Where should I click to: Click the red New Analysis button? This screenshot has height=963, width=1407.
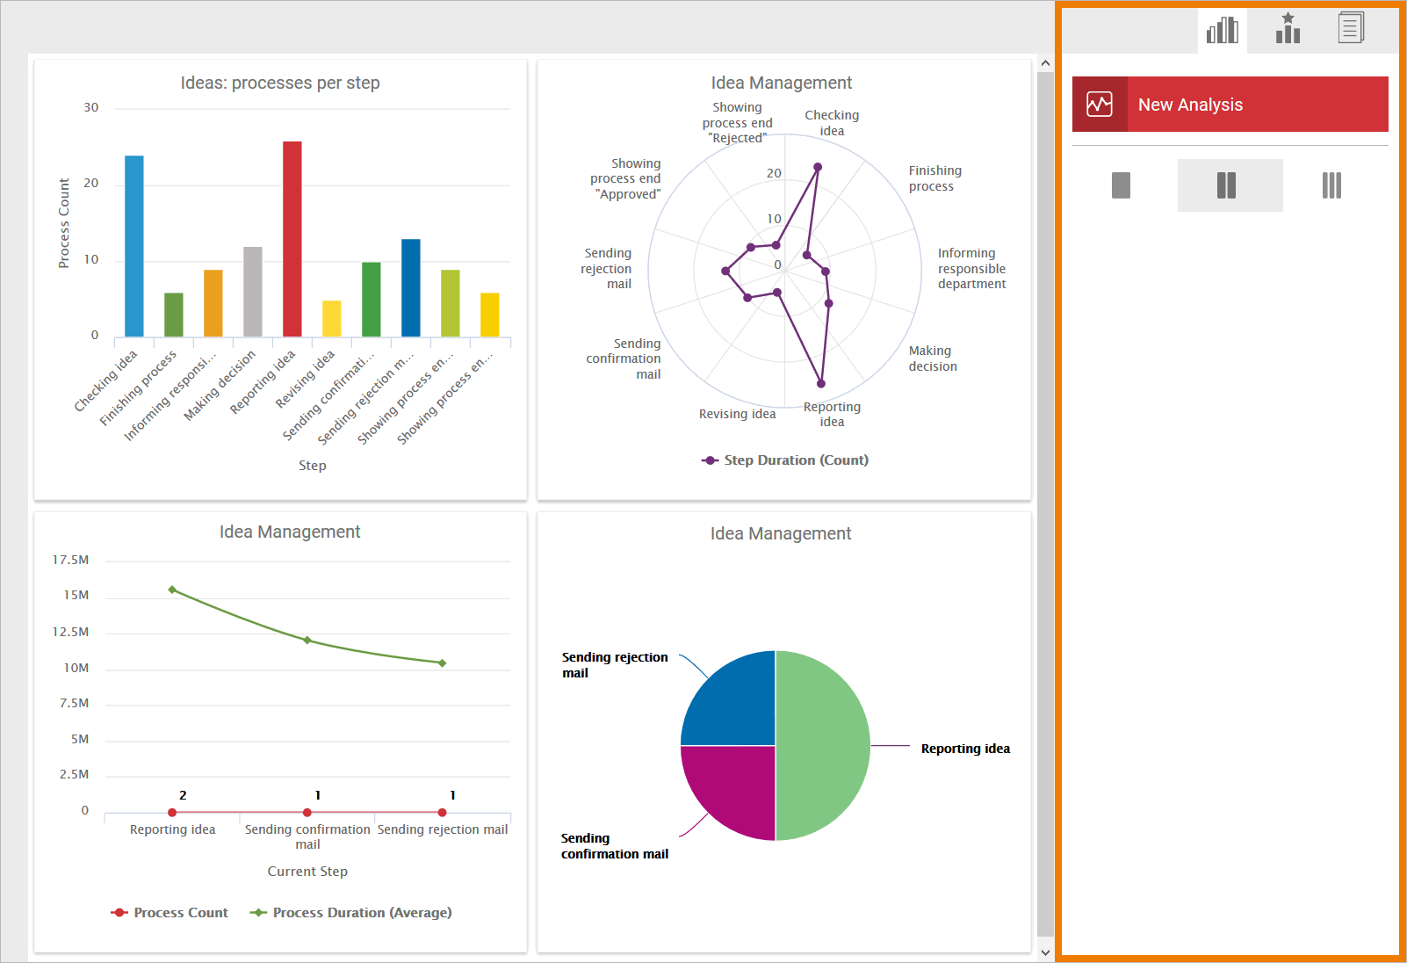[x=1230, y=105]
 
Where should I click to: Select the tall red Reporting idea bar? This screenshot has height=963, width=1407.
[x=292, y=239]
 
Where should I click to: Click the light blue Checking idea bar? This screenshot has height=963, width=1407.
[x=134, y=246]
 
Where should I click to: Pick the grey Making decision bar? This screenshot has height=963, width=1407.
[x=253, y=292]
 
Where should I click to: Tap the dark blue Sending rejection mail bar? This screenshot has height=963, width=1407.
[x=411, y=287]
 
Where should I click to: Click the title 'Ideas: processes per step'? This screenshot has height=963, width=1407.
[x=280, y=83]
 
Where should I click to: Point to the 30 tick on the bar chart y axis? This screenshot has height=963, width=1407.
[x=91, y=108]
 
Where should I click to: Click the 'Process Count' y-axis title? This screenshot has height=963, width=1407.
[x=64, y=223]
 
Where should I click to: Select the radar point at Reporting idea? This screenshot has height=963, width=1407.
[x=821, y=383]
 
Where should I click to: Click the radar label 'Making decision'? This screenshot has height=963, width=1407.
[x=933, y=358]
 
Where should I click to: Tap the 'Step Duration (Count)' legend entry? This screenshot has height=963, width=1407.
[x=785, y=460]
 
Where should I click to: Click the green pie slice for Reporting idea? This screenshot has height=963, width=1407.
[x=823, y=745]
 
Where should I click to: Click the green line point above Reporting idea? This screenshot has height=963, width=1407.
[x=172, y=590]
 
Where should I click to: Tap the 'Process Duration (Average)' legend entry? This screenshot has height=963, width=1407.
[x=351, y=913]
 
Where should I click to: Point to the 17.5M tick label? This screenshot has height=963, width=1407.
[x=71, y=561]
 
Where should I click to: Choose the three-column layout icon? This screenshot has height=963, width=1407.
[x=1331, y=185]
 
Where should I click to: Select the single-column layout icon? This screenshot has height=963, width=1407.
[x=1121, y=185]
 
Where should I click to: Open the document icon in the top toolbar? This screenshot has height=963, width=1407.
[x=1351, y=28]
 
